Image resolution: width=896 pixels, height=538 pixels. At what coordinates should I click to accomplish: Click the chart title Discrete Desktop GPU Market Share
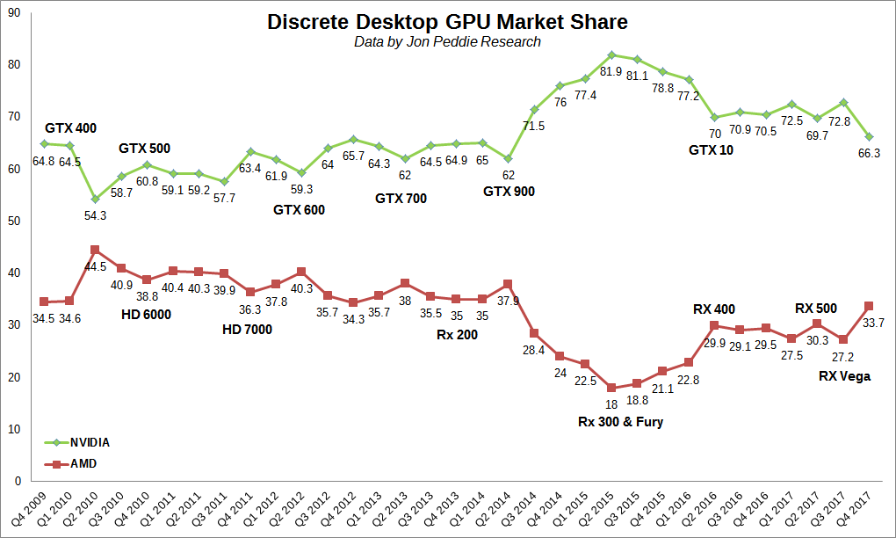pyautogui.click(x=447, y=22)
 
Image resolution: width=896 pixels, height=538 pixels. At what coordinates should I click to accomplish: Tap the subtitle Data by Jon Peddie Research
pyautogui.click(x=447, y=41)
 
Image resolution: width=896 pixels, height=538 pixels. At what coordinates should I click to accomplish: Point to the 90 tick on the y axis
pyautogui.click(x=14, y=12)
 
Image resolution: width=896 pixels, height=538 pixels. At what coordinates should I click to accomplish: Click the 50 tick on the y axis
pyautogui.click(x=14, y=221)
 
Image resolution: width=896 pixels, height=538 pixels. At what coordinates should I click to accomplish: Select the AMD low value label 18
pyautogui.click(x=612, y=403)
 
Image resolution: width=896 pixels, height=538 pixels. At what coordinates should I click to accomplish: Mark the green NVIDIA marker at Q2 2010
pyautogui.click(x=95, y=200)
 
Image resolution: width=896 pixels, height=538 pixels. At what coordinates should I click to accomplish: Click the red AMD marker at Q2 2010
pyautogui.click(x=95, y=250)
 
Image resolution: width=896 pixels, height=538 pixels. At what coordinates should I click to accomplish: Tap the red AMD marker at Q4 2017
pyautogui.click(x=868, y=306)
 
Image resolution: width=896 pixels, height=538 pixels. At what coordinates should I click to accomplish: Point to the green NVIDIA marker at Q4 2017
pyautogui.click(x=868, y=136)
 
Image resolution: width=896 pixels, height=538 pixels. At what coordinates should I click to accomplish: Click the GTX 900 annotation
pyautogui.click(x=509, y=191)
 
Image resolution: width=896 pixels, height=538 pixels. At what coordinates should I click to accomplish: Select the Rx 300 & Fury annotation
pyautogui.click(x=620, y=421)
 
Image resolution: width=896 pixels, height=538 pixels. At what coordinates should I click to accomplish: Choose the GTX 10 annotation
pyautogui.click(x=711, y=149)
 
